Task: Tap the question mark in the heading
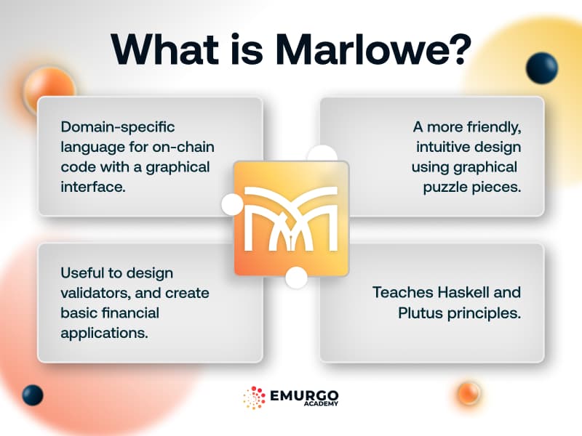point(457,49)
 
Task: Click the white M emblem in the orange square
point(291,217)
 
